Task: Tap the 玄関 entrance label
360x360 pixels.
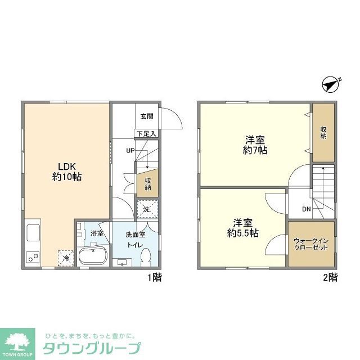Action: coord(146,116)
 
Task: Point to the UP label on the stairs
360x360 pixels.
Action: coord(130,151)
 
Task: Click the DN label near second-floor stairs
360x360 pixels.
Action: coord(306,209)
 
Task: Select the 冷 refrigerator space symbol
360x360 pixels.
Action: coord(65,258)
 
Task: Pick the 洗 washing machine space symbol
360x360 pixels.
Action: coord(146,209)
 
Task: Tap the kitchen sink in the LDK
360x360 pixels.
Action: coord(32,233)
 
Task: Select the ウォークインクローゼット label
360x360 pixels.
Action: coord(310,245)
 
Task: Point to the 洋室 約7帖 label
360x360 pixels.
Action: coord(255,145)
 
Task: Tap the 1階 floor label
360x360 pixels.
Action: coord(155,277)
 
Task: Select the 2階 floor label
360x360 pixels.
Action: coord(330,277)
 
